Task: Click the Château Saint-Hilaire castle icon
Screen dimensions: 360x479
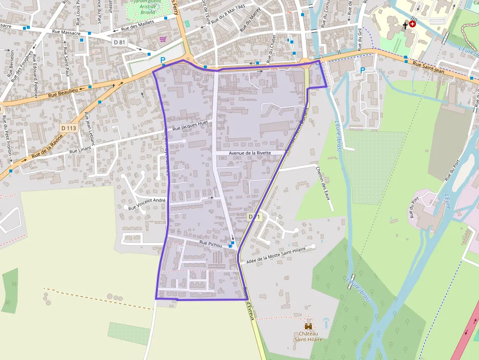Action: point(308,325)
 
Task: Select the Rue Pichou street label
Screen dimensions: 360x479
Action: point(211,243)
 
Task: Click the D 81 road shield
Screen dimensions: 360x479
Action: point(120,42)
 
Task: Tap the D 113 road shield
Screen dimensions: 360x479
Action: point(69,128)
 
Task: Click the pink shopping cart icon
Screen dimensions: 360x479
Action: point(163,39)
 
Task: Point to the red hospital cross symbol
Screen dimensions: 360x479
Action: point(413,23)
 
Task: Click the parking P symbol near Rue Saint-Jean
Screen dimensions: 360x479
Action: point(362,70)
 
